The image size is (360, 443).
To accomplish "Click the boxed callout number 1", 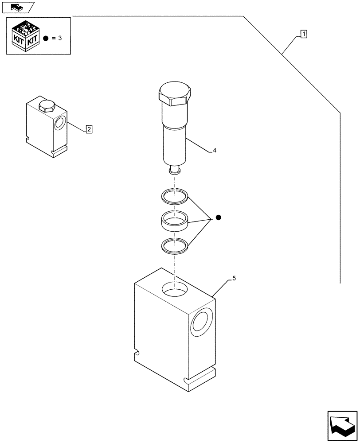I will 304,33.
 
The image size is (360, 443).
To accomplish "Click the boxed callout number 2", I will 89,129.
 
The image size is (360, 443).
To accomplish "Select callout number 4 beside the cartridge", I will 215,151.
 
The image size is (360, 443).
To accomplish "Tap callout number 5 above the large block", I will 234,279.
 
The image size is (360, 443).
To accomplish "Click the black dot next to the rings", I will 218,218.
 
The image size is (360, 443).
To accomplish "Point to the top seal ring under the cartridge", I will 174,195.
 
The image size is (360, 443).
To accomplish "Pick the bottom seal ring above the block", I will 174,246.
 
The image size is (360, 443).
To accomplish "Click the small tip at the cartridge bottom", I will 175,170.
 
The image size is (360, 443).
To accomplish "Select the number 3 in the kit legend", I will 59,39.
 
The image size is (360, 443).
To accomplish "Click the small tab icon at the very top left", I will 18,7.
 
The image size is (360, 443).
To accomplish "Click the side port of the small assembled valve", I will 59,123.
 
